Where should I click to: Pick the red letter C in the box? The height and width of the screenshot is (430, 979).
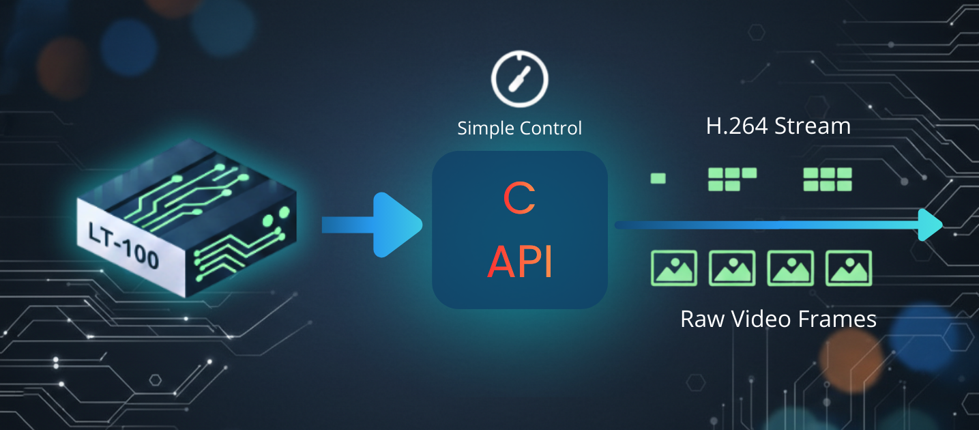pos(520,199)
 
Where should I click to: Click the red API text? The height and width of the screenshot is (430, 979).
pos(520,261)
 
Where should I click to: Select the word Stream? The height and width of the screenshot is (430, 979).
pos(815,126)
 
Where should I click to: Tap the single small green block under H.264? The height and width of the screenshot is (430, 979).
pos(658,179)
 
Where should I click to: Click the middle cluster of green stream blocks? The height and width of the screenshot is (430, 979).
pos(732,179)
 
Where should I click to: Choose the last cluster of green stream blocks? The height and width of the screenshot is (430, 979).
pos(828,179)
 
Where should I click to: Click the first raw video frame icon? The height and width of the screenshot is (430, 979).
pos(674,268)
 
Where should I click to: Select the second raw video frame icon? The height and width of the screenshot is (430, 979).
pos(733,268)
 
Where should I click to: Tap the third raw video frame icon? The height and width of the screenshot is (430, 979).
pos(791,268)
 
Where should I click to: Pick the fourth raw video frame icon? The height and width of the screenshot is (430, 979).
pos(849,268)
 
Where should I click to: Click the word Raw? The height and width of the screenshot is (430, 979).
pos(703,319)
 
